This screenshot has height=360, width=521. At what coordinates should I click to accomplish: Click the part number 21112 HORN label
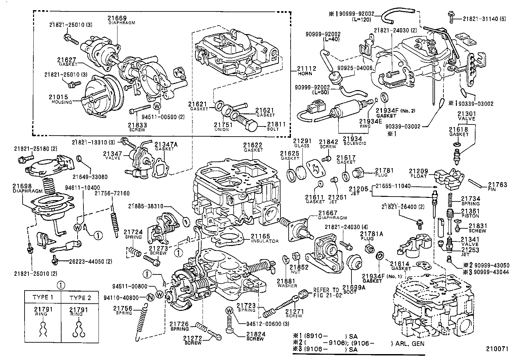click(306, 70)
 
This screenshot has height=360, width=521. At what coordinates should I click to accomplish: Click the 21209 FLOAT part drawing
click(449, 178)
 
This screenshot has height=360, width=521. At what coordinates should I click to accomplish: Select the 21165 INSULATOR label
click(264, 238)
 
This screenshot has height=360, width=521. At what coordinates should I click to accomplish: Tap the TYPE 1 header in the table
click(43, 298)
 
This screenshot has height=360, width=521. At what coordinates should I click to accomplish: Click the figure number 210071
click(497, 349)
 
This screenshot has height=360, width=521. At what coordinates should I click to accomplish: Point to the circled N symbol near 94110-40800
click(150, 297)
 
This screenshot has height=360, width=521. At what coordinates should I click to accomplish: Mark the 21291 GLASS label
click(301, 143)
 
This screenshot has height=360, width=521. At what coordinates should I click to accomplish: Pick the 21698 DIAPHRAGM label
click(27, 188)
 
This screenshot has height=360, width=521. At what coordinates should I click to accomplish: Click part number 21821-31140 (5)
click(484, 19)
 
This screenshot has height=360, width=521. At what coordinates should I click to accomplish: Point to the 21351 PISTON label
click(470, 213)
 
